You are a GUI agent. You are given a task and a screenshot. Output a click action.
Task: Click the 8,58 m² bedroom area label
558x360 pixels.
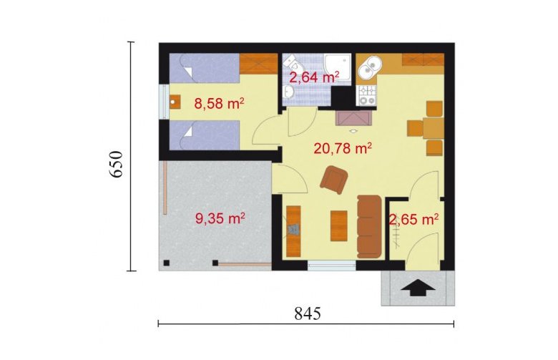[x=219, y=104]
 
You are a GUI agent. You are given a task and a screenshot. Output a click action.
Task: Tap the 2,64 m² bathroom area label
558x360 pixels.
[x=314, y=77]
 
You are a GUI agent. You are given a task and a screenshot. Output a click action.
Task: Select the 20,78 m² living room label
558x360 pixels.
[x=343, y=147]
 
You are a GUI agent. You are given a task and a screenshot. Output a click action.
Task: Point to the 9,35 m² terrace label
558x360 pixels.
[x=220, y=218]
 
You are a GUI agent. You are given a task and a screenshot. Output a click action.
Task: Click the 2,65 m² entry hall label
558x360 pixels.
[x=413, y=219]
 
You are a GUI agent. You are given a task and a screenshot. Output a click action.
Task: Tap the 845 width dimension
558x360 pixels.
[x=308, y=313]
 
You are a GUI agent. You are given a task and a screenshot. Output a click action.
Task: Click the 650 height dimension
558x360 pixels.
[x=116, y=164]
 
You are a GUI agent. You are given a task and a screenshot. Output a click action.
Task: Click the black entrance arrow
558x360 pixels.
[x=418, y=288]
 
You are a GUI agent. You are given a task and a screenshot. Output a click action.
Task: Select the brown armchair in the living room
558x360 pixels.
[x=334, y=180]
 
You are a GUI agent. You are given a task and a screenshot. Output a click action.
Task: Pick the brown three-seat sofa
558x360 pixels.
[x=369, y=226]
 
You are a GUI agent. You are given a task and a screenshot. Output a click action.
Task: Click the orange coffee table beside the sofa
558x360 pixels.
[x=339, y=225]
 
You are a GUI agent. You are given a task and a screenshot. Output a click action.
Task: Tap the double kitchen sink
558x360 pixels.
[x=369, y=68]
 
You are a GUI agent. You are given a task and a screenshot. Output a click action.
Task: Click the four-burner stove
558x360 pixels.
[x=366, y=95]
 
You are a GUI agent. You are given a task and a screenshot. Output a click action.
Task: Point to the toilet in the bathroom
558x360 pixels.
[x=293, y=63]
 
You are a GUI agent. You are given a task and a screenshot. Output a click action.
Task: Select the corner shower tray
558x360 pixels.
[x=337, y=68]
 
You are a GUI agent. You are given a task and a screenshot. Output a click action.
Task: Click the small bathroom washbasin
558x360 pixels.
[x=288, y=92]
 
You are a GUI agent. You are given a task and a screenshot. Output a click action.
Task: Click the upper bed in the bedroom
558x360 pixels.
[x=205, y=69]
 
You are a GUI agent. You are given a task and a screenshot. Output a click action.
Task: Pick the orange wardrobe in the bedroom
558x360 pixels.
[x=258, y=64]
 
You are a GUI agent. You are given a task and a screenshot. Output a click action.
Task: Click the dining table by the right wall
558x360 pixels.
[x=433, y=128]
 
